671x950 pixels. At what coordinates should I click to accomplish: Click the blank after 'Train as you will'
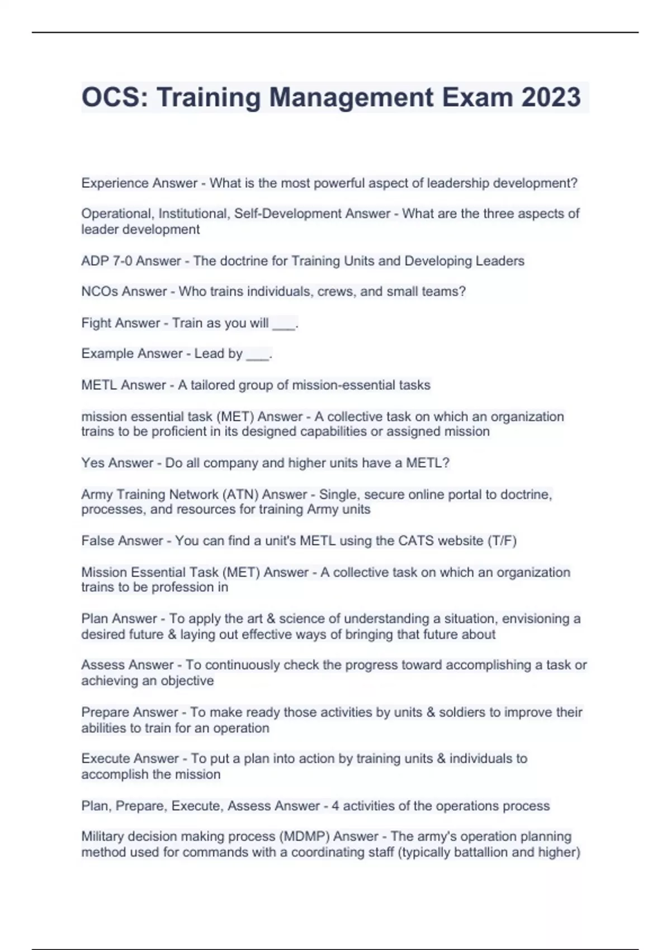tap(283, 324)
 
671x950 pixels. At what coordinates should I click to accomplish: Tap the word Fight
tap(97, 323)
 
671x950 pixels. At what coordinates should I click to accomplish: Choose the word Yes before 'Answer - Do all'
tap(92, 463)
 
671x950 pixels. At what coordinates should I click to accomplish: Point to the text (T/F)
tap(502, 541)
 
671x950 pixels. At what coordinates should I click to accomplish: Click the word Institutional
tap(193, 214)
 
